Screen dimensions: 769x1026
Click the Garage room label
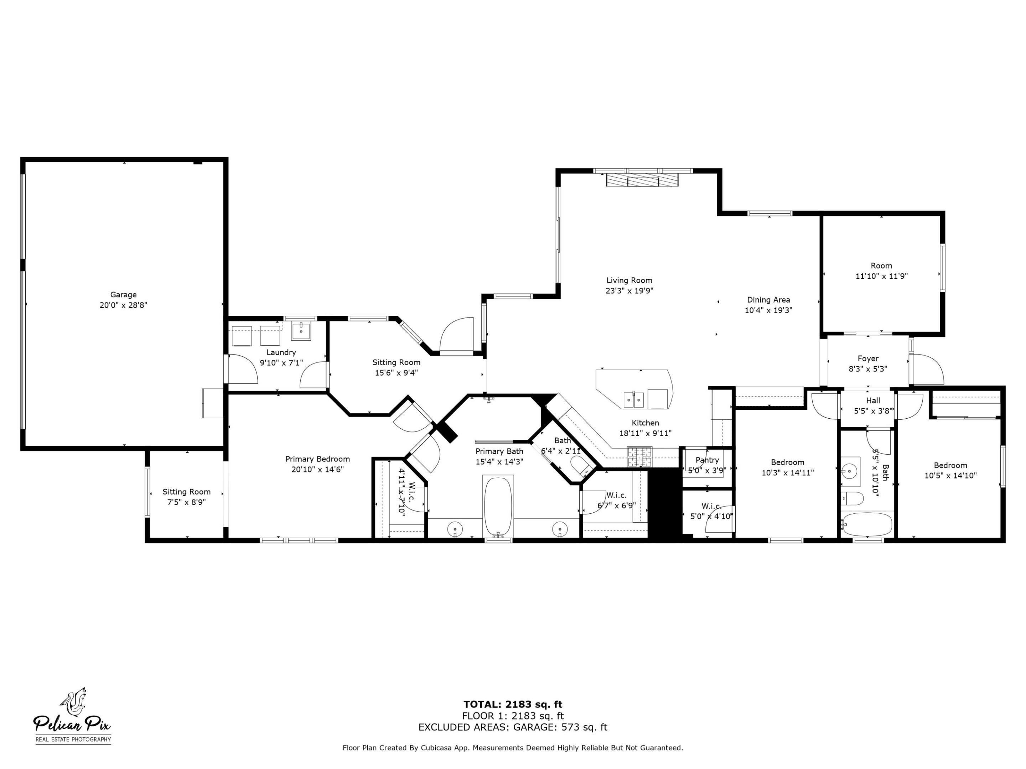[123, 295]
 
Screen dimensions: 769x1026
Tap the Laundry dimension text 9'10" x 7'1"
[281, 363]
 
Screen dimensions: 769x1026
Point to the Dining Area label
[768, 300]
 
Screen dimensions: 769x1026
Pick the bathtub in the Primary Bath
[498, 506]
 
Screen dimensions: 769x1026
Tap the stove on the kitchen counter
[639, 456]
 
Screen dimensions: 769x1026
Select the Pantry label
[707, 460]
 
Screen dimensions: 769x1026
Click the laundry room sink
[301, 331]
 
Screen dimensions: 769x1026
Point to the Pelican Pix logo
[72, 716]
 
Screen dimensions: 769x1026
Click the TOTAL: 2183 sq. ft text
[513, 705]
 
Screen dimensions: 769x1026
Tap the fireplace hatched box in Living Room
[642, 180]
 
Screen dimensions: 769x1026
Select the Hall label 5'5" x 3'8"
[873, 406]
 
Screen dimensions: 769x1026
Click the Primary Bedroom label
[317, 459]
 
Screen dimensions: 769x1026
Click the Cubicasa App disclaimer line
[513, 748]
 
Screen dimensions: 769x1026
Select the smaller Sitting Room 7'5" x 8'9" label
[186, 497]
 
